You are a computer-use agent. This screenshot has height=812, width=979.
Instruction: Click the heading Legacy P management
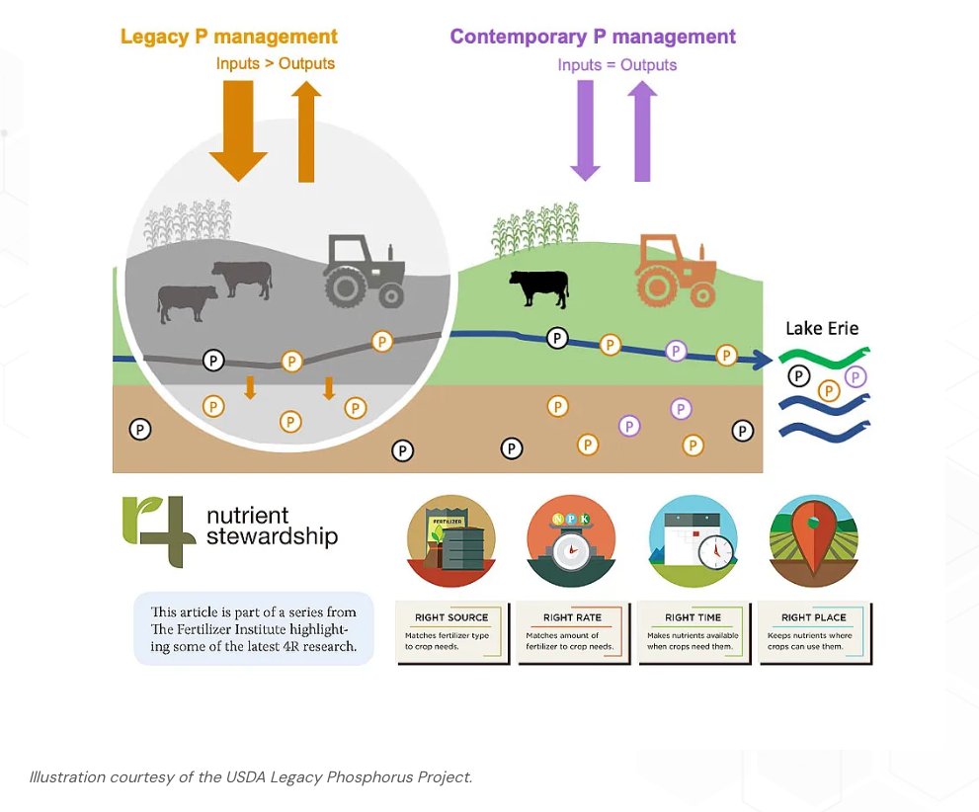pyautogui.click(x=228, y=37)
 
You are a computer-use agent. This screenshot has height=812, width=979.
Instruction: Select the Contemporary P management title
pyautogui.click(x=593, y=37)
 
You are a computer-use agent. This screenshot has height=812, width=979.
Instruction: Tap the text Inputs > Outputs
pyautogui.click(x=276, y=63)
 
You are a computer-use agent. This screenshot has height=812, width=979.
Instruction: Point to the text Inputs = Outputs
pyautogui.click(x=616, y=64)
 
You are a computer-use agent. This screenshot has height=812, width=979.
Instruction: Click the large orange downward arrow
pyautogui.click(x=238, y=128)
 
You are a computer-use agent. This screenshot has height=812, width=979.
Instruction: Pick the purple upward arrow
pyautogui.click(x=642, y=130)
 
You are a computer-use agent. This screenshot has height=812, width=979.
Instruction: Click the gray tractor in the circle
pyautogui.click(x=364, y=270)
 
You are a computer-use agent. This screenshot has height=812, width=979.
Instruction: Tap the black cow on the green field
pyautogui.click(x=539, y=287)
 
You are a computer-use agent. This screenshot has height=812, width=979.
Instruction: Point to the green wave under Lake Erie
pyautogui.click(x=823, y=356)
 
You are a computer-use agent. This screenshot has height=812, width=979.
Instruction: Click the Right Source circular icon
pyautogui.click(x=450, y=539)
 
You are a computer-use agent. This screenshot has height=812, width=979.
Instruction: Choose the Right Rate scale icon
pyautogui.click(x=571, y=539)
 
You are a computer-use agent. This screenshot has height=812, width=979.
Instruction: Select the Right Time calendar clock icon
pyautogui.click(x=693, y=539)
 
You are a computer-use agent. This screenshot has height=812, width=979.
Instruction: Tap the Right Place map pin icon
pyautogui.click(x=814, y=539)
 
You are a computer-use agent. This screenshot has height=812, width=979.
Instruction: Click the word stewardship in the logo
pyautogui.click(x=272, y=537)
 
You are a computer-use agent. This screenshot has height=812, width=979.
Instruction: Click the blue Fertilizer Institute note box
pyautogui.click(x=254, y=628)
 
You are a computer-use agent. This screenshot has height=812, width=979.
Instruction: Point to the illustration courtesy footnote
pyautogui.click(x=251, y=776)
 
